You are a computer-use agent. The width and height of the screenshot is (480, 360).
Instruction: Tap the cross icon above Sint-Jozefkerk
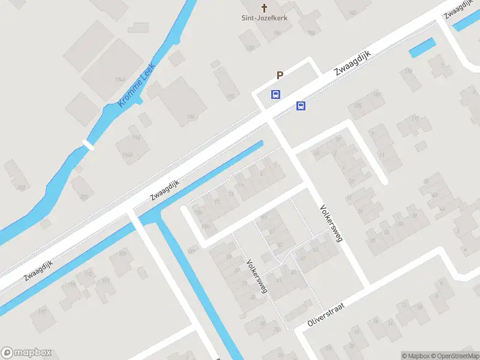(263, 7)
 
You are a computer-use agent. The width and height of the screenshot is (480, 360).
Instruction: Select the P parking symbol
(279, 75)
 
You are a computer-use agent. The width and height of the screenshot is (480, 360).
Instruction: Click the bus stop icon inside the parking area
(275, 94)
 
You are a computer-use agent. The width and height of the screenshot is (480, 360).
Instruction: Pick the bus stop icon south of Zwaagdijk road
(301, 106)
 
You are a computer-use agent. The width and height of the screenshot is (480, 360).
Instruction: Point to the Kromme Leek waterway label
(137, 85)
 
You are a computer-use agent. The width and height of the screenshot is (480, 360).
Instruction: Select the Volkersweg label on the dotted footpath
(257, 276)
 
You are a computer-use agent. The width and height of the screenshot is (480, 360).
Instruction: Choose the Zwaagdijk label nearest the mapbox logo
(39, 271)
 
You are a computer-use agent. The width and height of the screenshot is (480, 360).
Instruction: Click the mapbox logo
(26, 353)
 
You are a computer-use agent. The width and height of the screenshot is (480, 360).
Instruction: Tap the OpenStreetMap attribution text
(455, 356)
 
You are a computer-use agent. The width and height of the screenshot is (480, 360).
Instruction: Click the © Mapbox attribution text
(414, 356)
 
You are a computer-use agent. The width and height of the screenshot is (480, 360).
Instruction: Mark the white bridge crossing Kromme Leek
(89, 145)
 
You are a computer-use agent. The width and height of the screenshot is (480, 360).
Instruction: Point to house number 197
(42, 311)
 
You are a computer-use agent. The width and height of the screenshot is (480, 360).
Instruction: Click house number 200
(83, 196)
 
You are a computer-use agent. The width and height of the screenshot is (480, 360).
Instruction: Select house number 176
(409, 71)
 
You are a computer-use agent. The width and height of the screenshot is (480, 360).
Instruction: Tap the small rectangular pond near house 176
(422, 47)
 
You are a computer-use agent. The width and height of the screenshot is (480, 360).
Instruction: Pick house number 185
(358, 106)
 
